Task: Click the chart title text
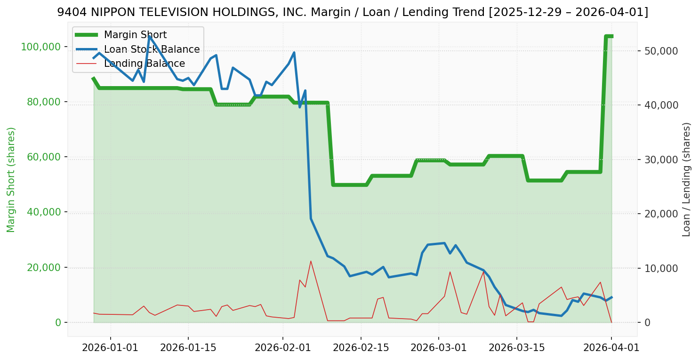point(353,12)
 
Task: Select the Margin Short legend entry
point(135,35)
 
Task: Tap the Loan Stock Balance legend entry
point(152,49)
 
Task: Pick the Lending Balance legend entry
point(144,64)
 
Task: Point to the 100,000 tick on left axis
point(41,47)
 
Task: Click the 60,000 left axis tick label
point(43,157)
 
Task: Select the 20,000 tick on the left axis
point(43,267)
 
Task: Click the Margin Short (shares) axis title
point(11,179)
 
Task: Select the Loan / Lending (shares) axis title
point(687,179)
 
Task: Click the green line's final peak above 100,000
point(609,36)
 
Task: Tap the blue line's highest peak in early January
point(149,37)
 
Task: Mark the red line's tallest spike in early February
point(311,261)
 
